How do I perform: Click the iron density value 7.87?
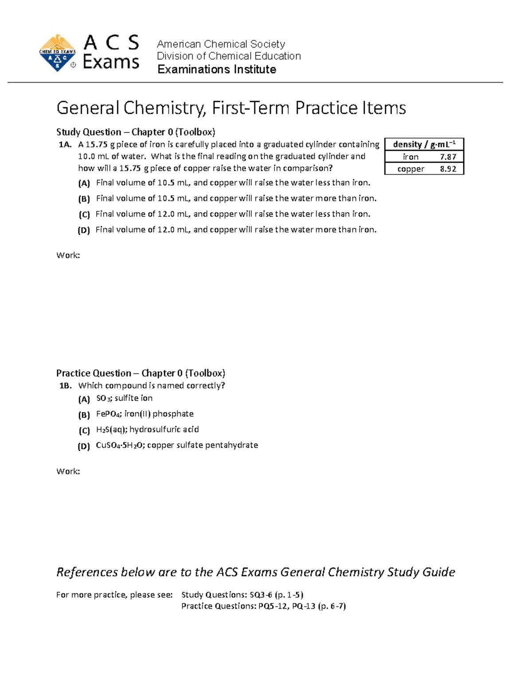coord(448,157)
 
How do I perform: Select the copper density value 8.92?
coord(448,169)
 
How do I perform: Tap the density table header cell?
coord(424,144)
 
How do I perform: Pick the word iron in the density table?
coord(411,157)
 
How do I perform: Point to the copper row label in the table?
coord(411,169)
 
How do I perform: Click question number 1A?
coord(65,145)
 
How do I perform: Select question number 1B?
coord(65,386)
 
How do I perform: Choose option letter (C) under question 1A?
coord(84,215)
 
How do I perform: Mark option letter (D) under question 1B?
coord(84,446)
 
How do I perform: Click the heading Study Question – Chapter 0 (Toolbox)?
coord(135,132)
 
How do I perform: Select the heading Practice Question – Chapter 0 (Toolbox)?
coord(141,373)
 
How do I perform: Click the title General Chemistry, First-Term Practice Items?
coord(231,108)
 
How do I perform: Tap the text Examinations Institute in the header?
coord(217,69)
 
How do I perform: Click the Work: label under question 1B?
coord(68,471)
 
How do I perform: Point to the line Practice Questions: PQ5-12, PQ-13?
coord(263,606)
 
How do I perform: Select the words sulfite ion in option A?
coord(133,398)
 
